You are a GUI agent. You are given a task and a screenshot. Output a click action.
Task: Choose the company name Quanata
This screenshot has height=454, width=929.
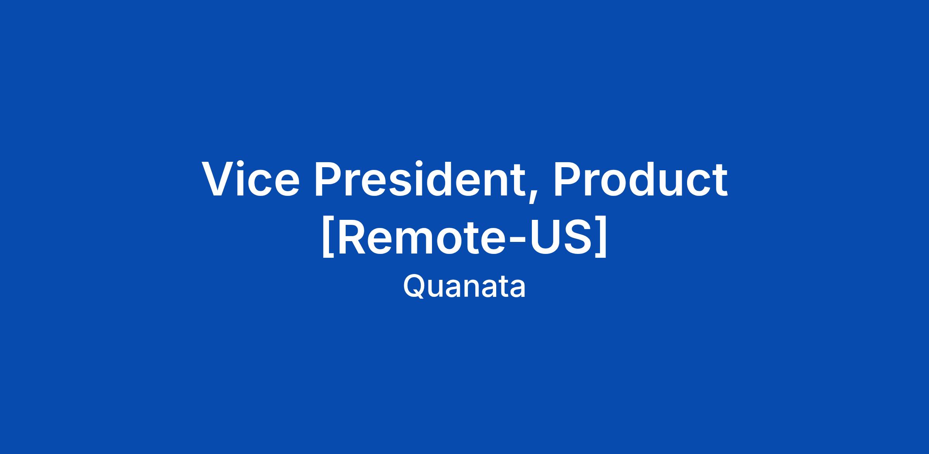464,287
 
